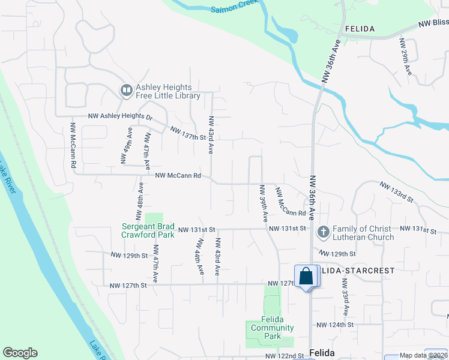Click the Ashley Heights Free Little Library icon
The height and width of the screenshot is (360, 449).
tap(127, 90)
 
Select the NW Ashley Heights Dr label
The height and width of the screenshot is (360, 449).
tap(121, 116)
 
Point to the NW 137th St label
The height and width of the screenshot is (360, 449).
tap(188, 133)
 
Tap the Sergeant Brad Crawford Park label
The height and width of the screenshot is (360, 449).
tap(148, 230)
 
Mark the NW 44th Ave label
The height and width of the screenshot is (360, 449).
tap(199, 257)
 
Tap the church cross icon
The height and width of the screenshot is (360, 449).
tap(323, 232)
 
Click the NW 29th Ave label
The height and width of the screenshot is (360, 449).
tap(406, 58)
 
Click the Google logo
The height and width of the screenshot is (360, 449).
tap(20, 353)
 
